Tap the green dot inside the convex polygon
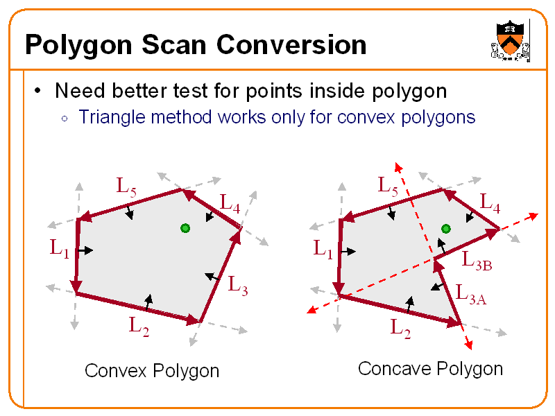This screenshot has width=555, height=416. coord(185,228)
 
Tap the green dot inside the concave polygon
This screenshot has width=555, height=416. coord(446,228)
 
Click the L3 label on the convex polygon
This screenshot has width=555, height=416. coord(237,284)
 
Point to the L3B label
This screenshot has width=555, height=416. coord(477,261)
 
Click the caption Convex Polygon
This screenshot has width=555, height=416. coord(152,371)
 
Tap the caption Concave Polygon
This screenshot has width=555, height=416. coord(430,368)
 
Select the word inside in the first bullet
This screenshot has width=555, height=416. coord(342,91)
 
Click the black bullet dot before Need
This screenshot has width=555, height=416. coord(39,91)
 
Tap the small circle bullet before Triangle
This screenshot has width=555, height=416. coord(64,118)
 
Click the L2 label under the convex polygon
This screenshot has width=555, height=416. coord(139,324)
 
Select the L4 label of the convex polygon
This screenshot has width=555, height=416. coord(230,202)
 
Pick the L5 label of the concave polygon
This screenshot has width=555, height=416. coord(388,185)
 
